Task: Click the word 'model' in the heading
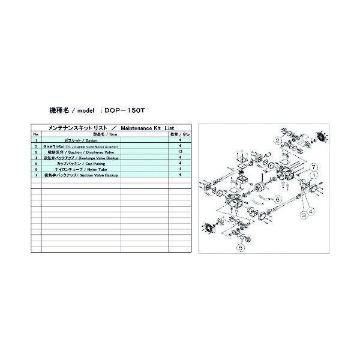point(86,110)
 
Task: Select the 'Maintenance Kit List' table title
point(147,128)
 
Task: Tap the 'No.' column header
point(35,135)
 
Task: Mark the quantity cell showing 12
point(180,152)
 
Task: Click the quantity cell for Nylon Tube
point(180,169)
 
